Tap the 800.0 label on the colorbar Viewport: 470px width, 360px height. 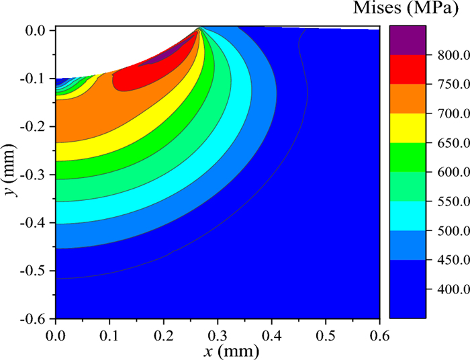click(x=447, y=56)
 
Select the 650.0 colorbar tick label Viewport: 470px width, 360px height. click(x=447, y=143)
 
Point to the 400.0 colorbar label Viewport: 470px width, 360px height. click(x=447, y=289)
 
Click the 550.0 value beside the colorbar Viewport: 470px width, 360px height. click(x=447, y=201)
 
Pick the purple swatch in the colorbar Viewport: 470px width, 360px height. click(x=407, y=40)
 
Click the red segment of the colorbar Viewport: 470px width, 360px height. click(x=407, y=69)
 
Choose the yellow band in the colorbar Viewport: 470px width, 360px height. click(x=407, y=128)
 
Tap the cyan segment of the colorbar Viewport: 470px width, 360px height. click(x=407, y=216)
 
